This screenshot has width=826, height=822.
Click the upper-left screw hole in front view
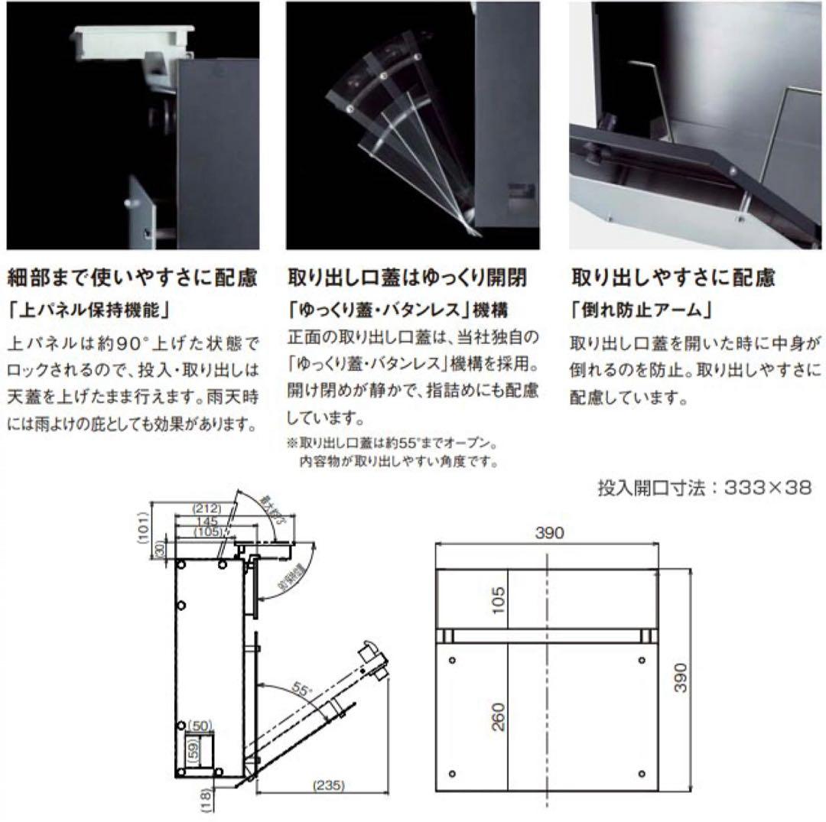pyautogui.click(x=454, y=660)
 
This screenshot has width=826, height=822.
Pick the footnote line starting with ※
pyautogui.click(x=392, y=443)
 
